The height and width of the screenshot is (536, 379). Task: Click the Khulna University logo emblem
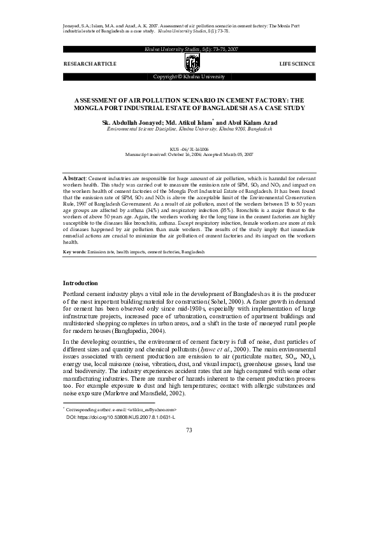(x=189, y=63)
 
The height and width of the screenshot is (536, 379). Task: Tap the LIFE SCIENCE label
(x=297, y=65)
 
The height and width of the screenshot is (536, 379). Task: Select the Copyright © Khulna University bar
(x=189, y=76)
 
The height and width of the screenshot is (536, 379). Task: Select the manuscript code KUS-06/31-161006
(x=189, y=148)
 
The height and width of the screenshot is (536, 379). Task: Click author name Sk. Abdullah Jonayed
(x=132, y=122)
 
